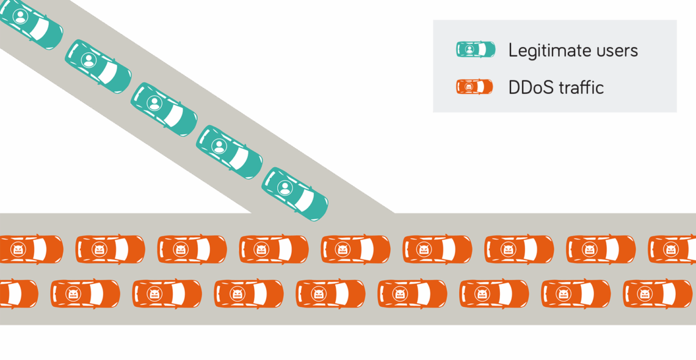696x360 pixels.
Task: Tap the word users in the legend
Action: pyautogui.click(x=616, y=50)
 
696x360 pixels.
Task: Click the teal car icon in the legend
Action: pyautogui.click(x=475, y=49)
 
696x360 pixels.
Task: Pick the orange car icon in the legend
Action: pyautogui.click(x=474, y=87)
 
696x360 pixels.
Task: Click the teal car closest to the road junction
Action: pyautogui.click(x=295, y=194)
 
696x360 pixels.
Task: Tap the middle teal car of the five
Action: pyautogui.click(x=164, y=109)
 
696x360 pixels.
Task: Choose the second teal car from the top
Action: pyautogui.click(x=98, y=67)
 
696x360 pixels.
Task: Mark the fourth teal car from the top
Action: pyautogui.click(x=230, y=152)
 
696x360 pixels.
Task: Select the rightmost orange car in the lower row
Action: pyautogui.click(x=658, y=293)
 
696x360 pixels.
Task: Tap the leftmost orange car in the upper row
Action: pyautogui.click(x=29, y=249)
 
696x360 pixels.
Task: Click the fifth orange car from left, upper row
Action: pyautogui.click(x=355, y=249)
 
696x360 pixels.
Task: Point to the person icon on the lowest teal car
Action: pyautogui.click(x=285, y=188)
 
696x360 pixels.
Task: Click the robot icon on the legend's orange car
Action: pyautogui.click(x=469, y=87)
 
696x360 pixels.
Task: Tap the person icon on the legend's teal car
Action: pyautogui.click(x=469, y=49)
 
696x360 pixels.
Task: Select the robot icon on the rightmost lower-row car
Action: pyautogui.click(x=645, y=293)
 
